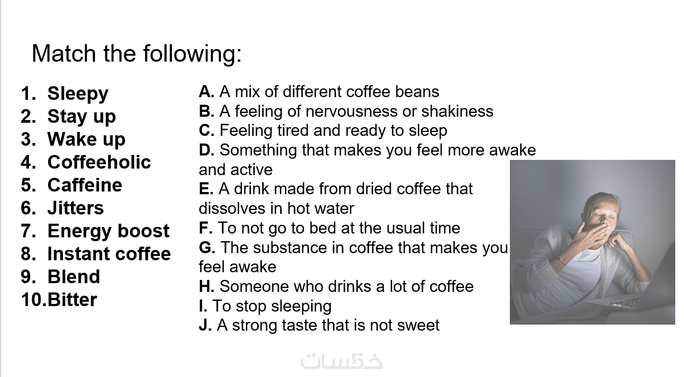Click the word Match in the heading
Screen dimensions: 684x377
click(63, 53)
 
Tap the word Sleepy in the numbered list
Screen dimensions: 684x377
click(78, 94)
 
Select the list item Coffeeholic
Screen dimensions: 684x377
click(99, 162)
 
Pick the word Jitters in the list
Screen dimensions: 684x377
click(76, 208)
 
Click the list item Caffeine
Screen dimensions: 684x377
click(85, 185)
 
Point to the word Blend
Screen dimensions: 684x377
click(74, 277)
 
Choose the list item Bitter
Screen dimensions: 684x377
click(73, 300)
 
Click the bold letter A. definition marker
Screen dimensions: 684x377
click(206, 92)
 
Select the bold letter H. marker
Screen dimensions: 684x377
click(206, 286)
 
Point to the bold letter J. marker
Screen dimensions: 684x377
click(205, 325)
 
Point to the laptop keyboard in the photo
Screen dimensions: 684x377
click(623, 303)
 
